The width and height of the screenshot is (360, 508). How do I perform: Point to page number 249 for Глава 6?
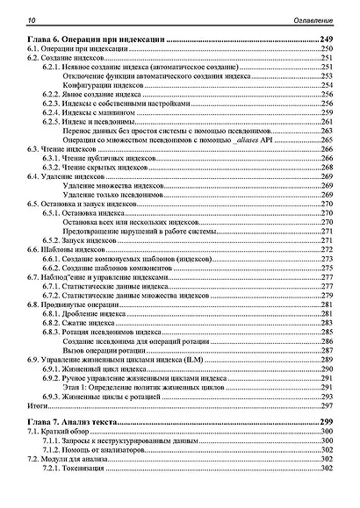coord(327,41)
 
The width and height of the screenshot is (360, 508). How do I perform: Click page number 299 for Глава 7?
coord(327,424)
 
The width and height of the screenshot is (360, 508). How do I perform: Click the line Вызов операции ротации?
coord(105,351)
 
